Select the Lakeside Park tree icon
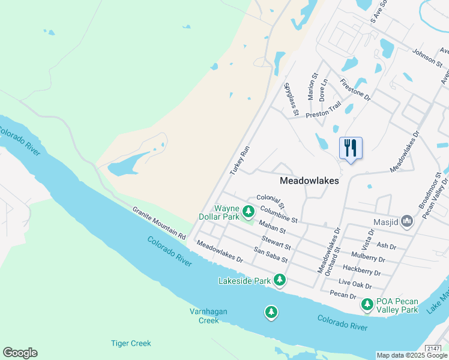click(279, 280)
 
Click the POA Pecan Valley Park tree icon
click(367, 305)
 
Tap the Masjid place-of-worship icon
click(408, 222)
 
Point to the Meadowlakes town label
click(309, 181)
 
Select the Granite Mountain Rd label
click(159, 222)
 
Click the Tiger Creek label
click(131, 343)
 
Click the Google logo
click(20, 353)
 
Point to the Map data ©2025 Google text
click(411, 355)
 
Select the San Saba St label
click(271, 255)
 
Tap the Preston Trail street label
click(323, 109)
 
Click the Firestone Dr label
click(355, 89)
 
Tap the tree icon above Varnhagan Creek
click(271, 312)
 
